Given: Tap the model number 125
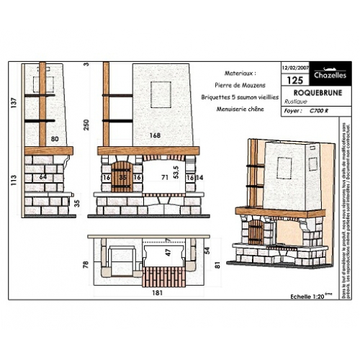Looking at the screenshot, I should click(294, 81).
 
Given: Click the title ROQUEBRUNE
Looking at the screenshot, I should click(306, 94).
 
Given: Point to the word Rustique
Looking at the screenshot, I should click(294, 103).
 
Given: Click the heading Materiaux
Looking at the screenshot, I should click(240, 73).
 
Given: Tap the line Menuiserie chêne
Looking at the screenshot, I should click(240, 109).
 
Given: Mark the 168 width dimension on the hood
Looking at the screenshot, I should click(155, 135).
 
